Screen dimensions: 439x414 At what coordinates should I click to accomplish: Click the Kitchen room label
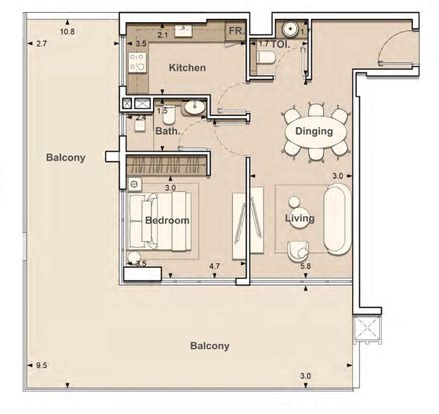tap(187, 68)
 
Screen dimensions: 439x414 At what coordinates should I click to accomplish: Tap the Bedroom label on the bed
tap(167, 221)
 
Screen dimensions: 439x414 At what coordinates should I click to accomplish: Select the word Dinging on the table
tap(314, 131)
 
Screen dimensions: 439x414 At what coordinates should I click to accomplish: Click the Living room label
tap(300, 218)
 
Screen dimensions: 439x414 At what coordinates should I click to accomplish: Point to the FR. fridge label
tap(236, 30)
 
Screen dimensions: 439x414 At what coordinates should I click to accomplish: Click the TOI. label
tap(280, 44)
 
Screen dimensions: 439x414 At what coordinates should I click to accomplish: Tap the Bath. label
tap(168, 131)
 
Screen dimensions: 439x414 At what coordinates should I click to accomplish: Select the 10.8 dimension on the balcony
tap(67, 32)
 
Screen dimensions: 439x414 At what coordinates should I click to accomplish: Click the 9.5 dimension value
tap(42, 366)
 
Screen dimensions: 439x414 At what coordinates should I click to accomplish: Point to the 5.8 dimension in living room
tap(306, 266)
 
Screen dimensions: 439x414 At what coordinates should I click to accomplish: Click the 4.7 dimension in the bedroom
tap(215, 266)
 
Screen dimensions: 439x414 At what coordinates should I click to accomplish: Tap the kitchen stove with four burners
tap(137, 63)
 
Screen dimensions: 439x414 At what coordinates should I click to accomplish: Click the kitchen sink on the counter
tap(183, 30)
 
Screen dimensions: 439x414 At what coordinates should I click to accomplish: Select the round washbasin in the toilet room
tap(291, 29)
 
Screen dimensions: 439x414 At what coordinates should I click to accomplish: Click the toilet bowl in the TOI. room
tap(266, 57)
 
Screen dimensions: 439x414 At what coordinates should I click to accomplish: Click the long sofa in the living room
tap(337, 219)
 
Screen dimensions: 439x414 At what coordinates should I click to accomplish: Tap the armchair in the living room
tap(298, 252)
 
